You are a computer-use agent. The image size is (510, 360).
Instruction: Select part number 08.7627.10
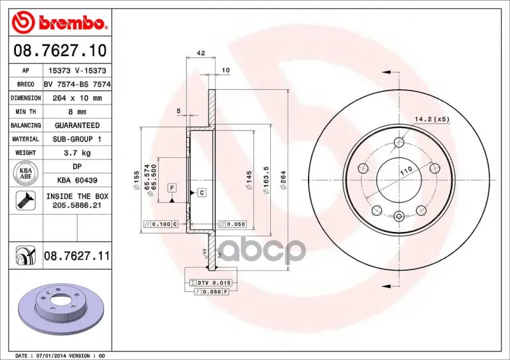click(60, 50)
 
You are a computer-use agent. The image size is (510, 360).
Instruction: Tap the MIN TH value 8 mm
click(77, 112)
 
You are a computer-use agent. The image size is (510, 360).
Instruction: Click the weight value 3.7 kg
click(77, 153)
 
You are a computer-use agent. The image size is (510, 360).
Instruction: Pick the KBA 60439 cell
click(77, 180)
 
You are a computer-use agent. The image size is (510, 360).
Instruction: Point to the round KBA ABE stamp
click(25, 173)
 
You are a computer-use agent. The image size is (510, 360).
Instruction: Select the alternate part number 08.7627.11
click(77, 256)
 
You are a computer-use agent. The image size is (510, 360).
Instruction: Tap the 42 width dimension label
click(201, 53)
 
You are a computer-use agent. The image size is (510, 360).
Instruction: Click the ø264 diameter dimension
click(283, 180)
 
